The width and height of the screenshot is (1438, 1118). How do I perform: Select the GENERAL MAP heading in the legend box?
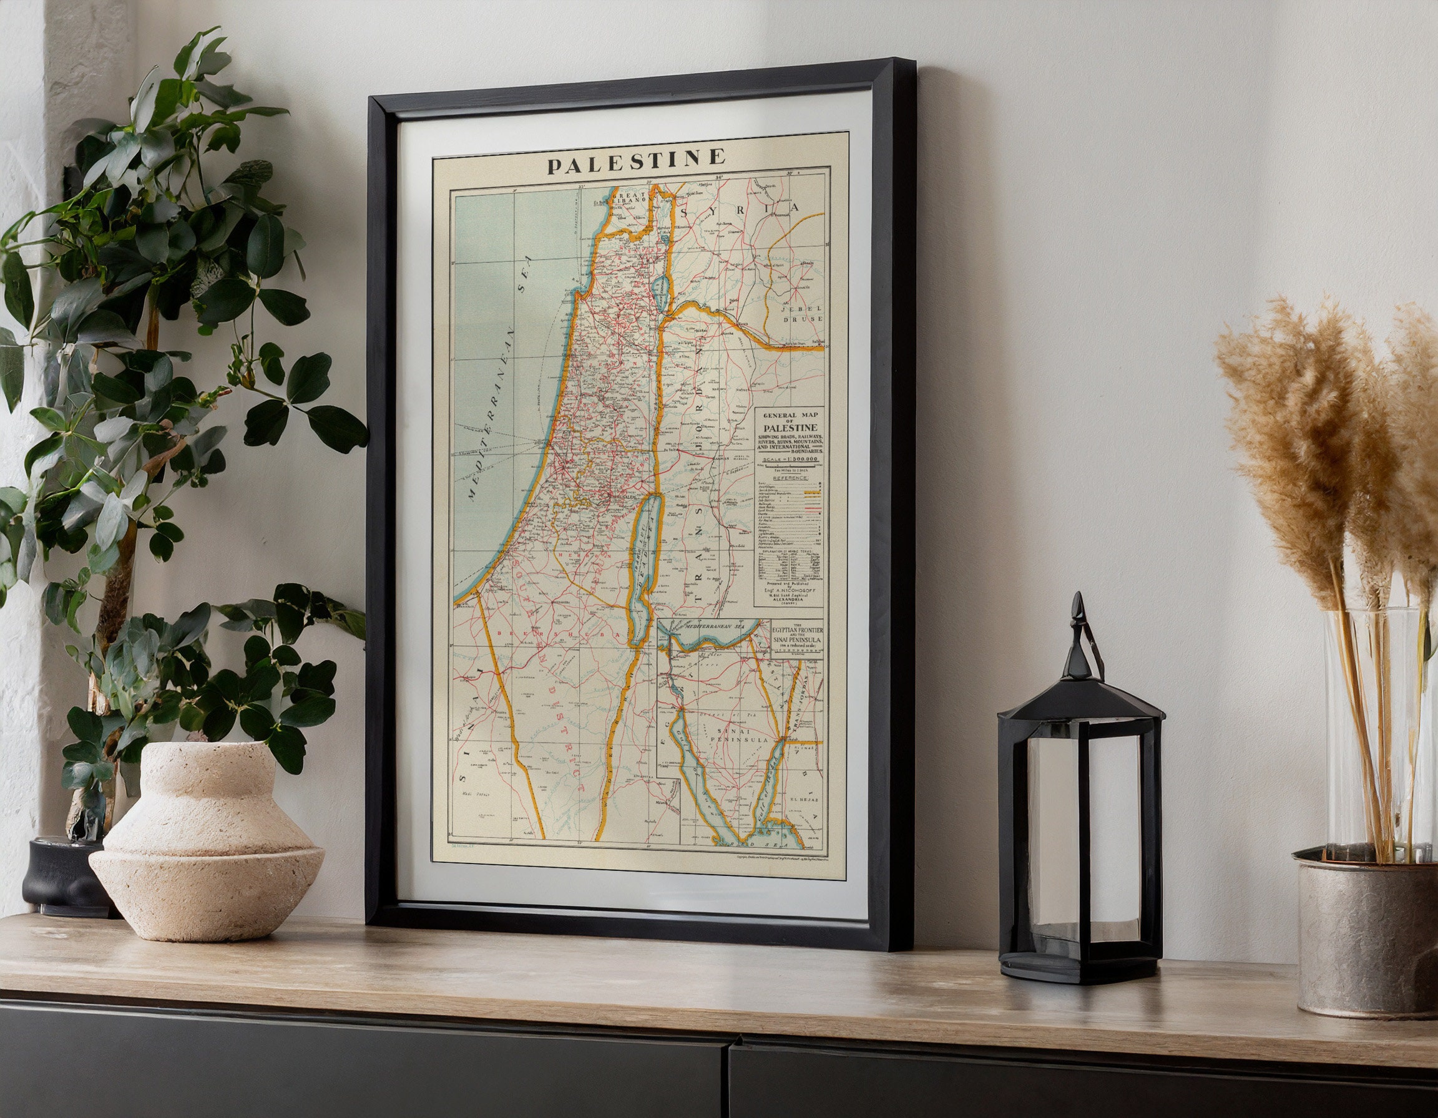click(x=788, y=416)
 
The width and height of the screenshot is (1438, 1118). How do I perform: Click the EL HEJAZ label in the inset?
click(x=803, y=800)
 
